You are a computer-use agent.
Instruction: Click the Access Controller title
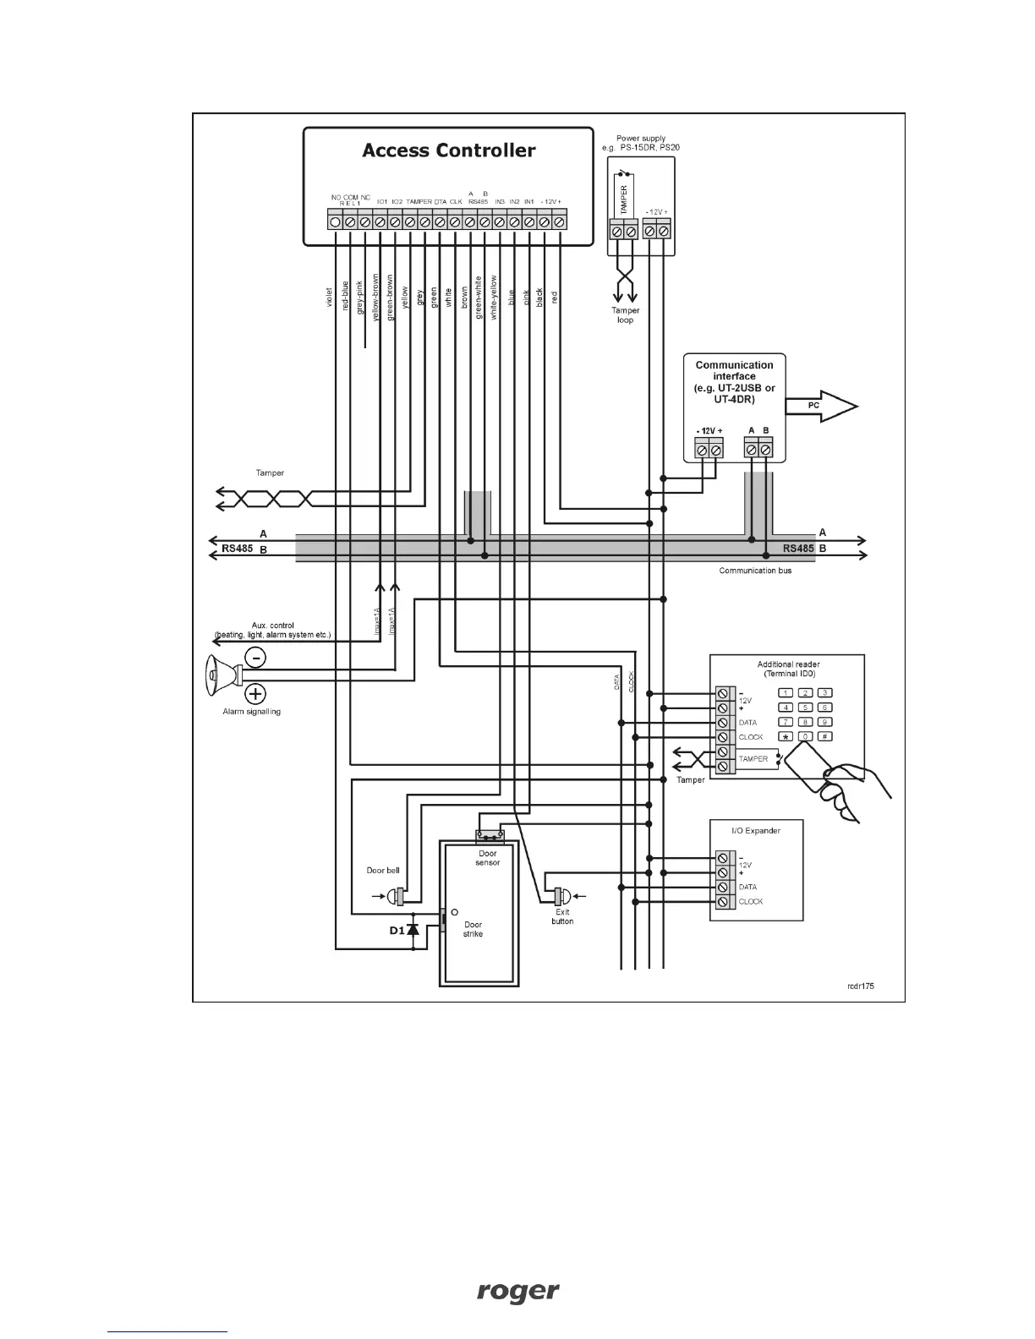pos(448,150)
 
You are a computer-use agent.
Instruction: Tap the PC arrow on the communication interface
pos(820,407)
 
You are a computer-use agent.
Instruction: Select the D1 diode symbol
pos(413,930)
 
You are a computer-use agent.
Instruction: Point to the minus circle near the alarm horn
pos(255,657)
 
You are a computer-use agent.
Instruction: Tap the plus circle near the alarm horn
pos(255,695)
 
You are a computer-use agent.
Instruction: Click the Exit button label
pos(562,916)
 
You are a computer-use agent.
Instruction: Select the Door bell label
pos(383,870)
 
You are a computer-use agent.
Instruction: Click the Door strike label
pos(473,929)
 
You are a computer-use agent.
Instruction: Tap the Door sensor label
pos(488,858)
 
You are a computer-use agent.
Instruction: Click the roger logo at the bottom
pos(517,1291)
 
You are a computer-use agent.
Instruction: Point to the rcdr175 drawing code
pos(862,985)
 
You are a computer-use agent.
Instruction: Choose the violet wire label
pos(329,297)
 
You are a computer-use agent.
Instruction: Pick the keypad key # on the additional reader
pos(825,736)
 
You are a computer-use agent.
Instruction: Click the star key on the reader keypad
pos(786,736)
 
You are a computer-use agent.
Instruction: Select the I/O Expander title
pos(755,830)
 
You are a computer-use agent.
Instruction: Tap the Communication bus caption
pos(754,571)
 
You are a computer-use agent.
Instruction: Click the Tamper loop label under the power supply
pos(625,315)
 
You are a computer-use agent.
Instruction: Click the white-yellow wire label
pos(494,295)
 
